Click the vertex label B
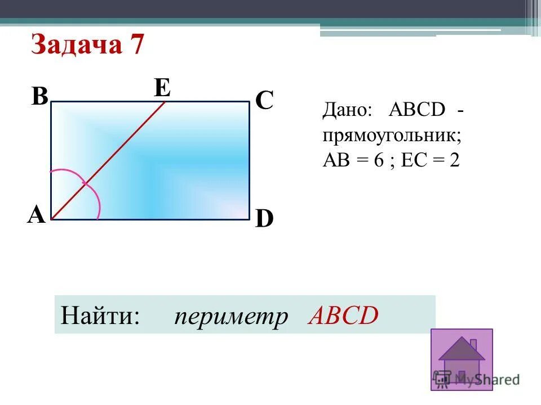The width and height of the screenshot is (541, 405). tap(39, 97)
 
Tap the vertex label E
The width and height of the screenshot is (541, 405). tap(162, 88)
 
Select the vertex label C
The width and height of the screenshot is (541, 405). tap(264, 102)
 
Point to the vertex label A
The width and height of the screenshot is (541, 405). tap(36, 215)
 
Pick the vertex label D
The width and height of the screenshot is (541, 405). tap(264, 219)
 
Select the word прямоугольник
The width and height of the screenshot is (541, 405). tap(392, 135)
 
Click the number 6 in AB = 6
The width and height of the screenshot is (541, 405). tap(378, 161)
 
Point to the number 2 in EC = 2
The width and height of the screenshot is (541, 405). tap(454, 161)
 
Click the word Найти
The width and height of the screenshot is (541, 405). tap(100, 316)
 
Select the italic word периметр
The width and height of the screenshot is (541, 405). tap(230, 316)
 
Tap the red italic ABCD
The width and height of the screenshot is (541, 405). tap(343, 316)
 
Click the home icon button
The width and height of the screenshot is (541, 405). tap(461, 359)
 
